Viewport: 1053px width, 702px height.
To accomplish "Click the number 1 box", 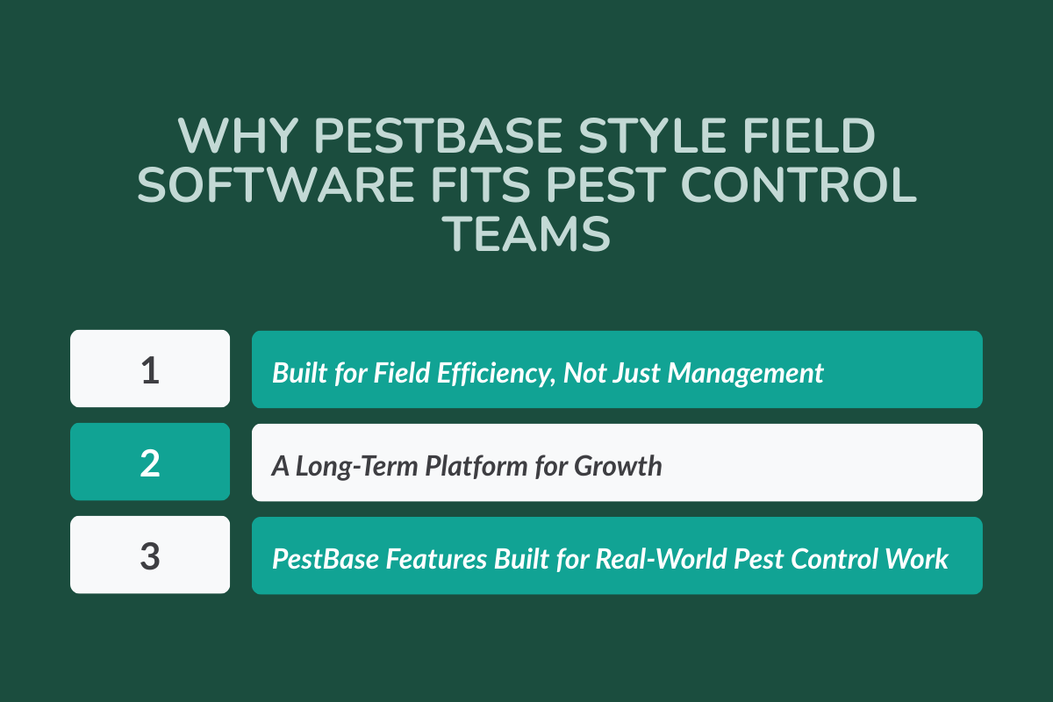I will [150, 369].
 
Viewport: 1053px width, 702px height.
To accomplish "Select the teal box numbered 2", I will [150, 462].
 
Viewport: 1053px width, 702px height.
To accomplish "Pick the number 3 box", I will [150, 555].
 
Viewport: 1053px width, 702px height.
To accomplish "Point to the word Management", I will [746, 373].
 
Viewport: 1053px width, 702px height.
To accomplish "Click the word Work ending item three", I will [922, 559].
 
